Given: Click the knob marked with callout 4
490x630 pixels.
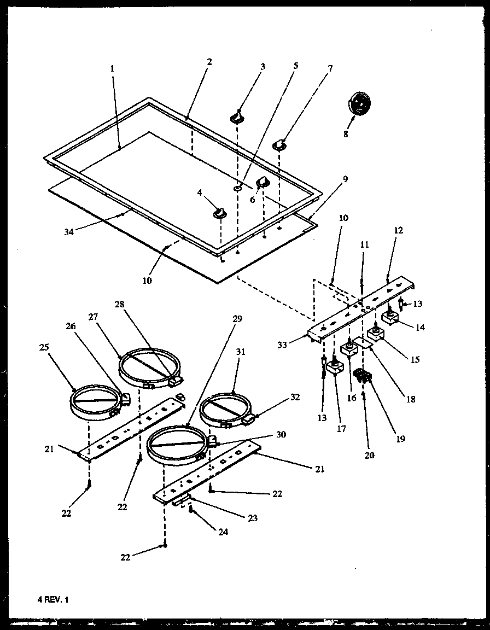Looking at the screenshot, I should coord(220,212).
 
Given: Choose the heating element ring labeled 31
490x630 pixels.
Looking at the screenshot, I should coord(223,409).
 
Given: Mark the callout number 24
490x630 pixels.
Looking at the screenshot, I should coord(208,531).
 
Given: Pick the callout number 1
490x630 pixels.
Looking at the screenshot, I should coord(112,69).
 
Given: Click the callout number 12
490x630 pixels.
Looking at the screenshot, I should coord(398,231).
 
